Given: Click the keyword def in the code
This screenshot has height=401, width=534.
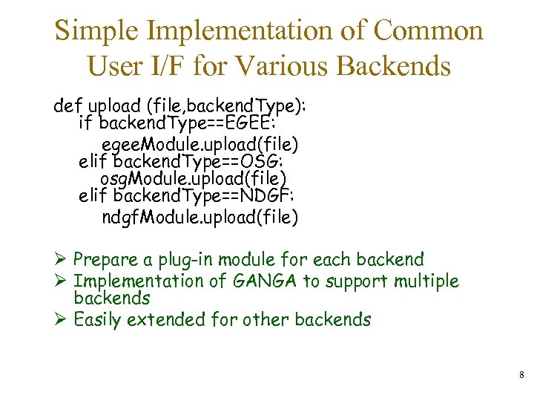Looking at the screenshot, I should (67, 105).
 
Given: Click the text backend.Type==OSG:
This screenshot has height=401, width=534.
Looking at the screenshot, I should (188, 160).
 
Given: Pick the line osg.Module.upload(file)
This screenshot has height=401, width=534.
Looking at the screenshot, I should (193, 179).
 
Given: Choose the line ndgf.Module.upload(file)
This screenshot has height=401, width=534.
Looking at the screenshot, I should (200, 217).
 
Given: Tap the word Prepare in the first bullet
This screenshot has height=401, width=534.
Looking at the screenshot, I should (106, 261).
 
